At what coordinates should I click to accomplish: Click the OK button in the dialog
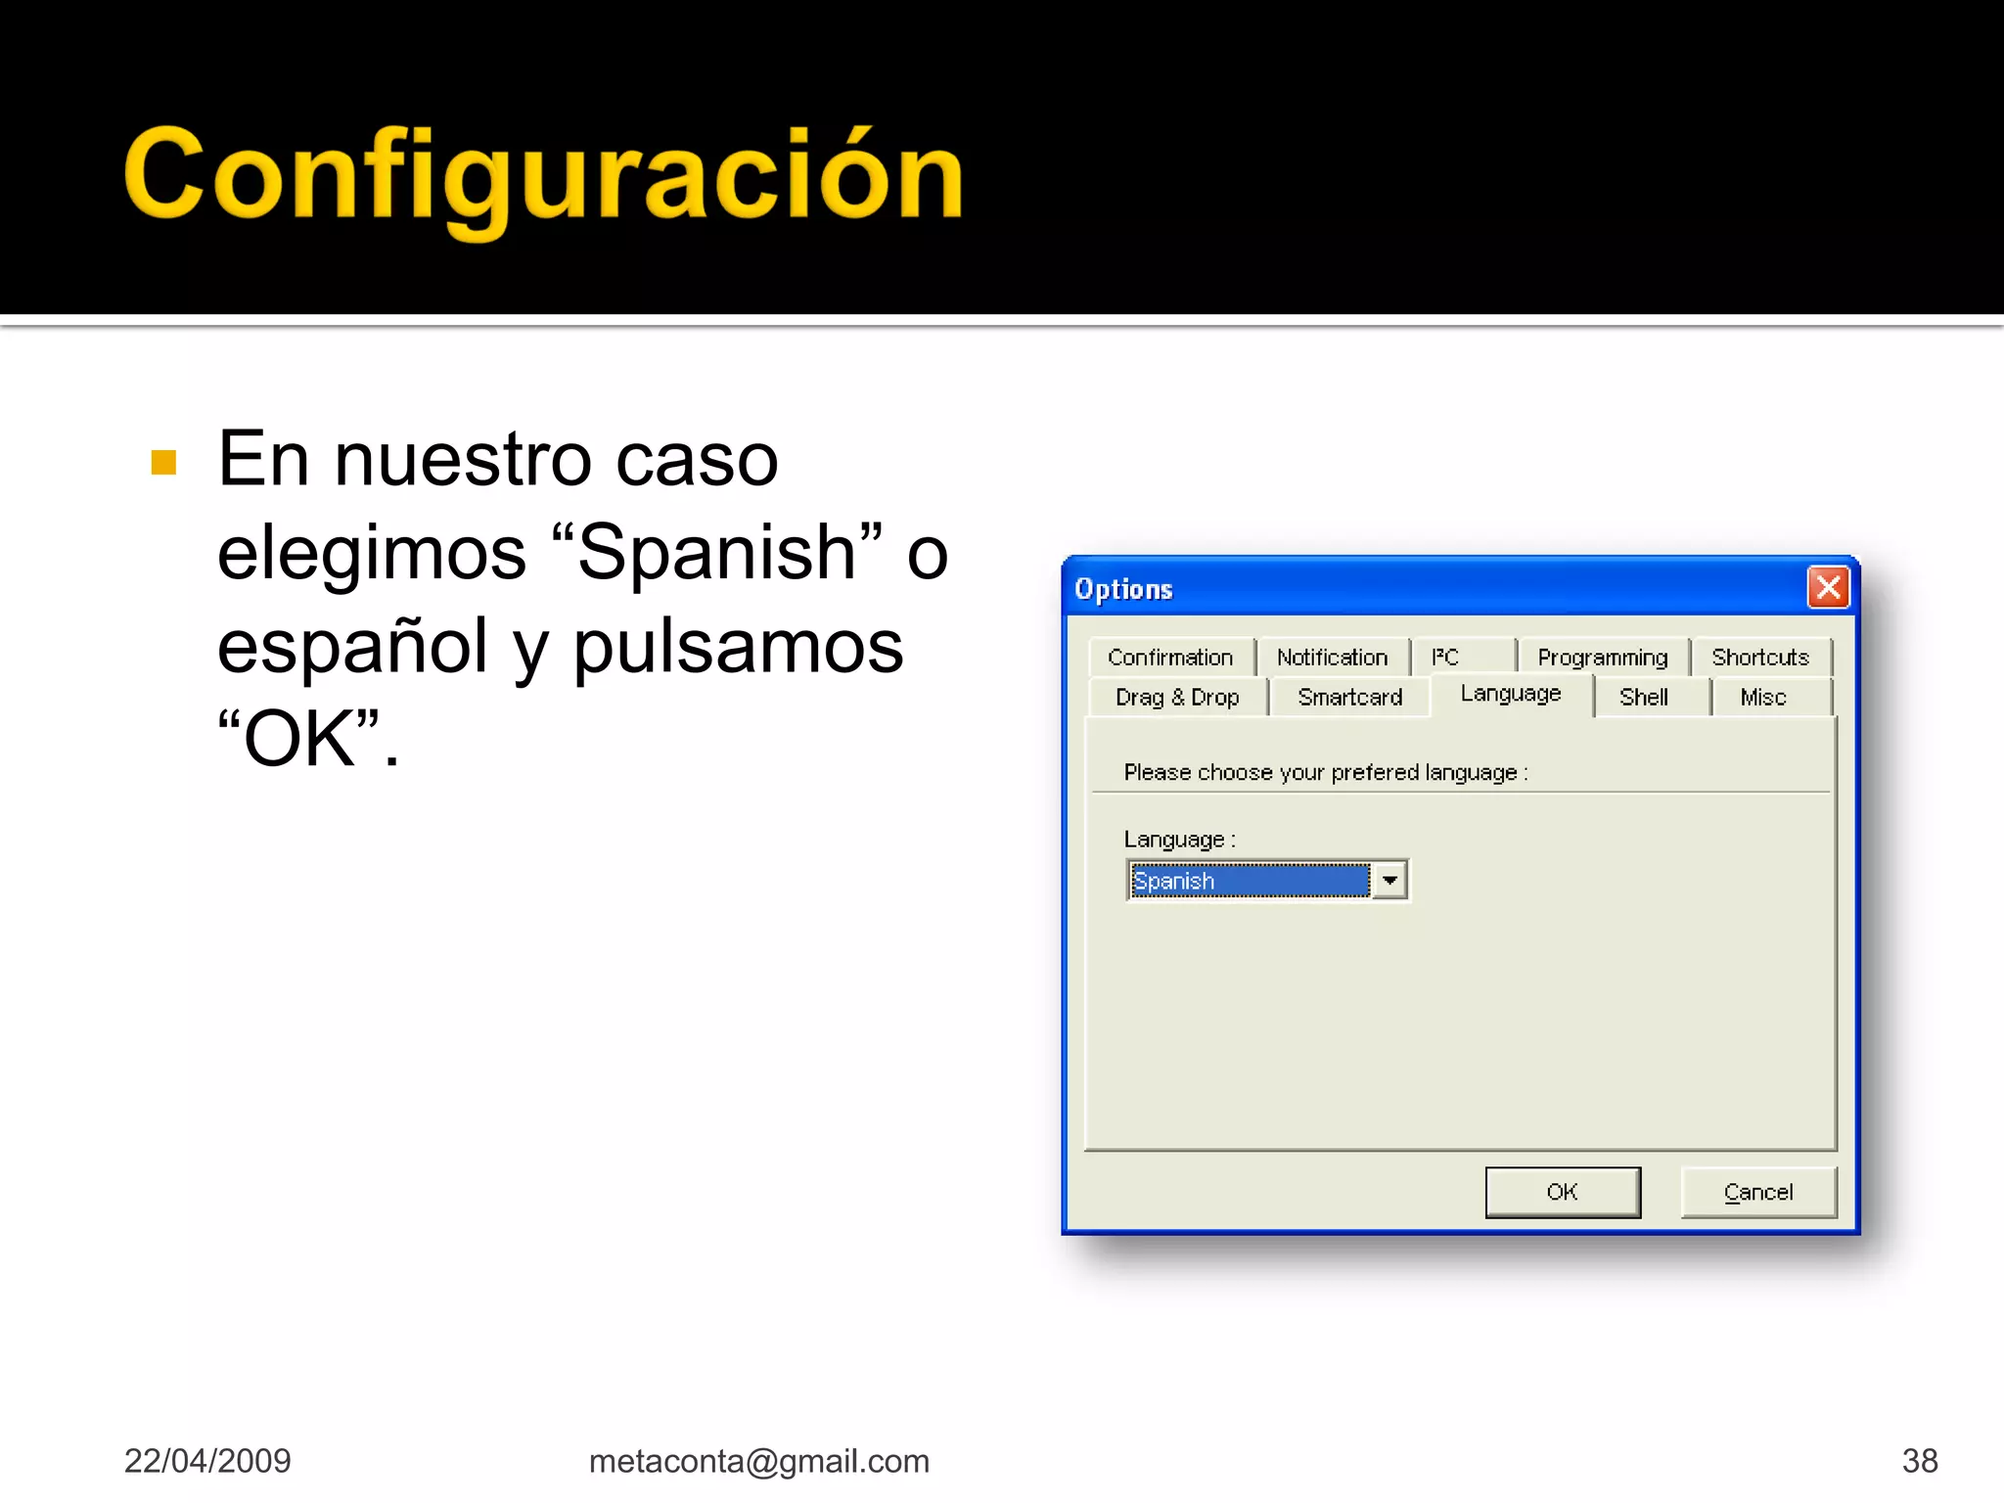click(1562, 1192)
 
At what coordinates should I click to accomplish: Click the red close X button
click(1828, 588)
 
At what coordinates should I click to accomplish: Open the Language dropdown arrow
click(1389, 881)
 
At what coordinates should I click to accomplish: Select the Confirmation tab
click(1170, 658)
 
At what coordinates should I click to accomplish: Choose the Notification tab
click(1332, 658)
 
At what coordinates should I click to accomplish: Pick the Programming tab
click(1602, 658)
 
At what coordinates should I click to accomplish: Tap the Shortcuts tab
click(1760, 658)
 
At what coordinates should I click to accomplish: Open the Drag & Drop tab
click(1177, 698)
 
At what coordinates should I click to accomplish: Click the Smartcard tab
click(1349, 698)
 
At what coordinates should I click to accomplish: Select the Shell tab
click(1644, 698)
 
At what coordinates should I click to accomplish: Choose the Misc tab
click(1763, 698)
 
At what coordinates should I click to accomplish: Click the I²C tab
click(1445, 658)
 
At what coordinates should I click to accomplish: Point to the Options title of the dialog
click(1123, 589)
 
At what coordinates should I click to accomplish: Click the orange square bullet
click(164, 462)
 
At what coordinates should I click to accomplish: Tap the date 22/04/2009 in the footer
click(207, 1461)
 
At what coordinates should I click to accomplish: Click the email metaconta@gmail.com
click(758, 1461)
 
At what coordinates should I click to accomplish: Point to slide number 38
click(1920, 1461)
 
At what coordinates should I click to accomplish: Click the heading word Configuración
click(544, 176)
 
